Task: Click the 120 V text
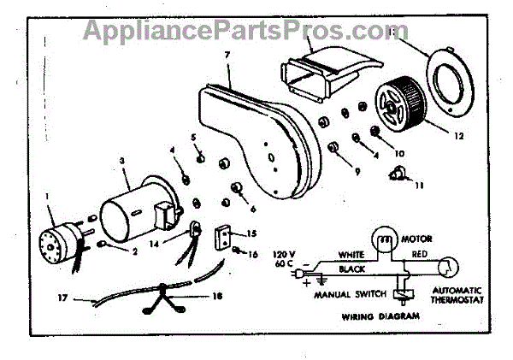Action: pyautogui.click(x=283, y=254)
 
